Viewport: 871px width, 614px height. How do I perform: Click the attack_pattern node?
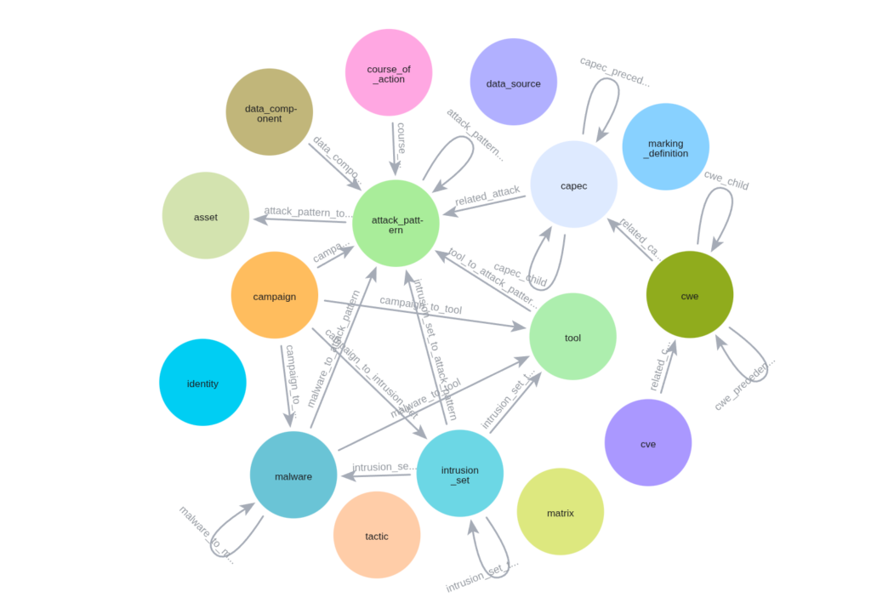coord(396,224)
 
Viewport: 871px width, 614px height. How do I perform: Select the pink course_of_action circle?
coord(389,73)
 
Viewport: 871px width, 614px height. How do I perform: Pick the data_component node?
coord(269,112)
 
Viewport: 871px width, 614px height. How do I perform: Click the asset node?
coord(205,216)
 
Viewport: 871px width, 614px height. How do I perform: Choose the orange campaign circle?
coord(274,296)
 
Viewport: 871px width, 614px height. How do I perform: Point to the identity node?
coord(202,383)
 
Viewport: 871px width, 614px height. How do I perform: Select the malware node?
coord(293,475)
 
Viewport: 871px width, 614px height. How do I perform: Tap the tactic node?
coord(377,535)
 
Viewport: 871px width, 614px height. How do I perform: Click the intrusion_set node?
coord(460,474)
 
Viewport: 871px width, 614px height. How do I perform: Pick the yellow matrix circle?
coord(560,512)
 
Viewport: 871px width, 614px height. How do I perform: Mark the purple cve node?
coord(648,442)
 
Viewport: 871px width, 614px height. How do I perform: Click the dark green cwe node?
coord(689,294)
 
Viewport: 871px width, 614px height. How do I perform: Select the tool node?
coord(572,337)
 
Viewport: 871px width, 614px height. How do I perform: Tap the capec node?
coord(573,185)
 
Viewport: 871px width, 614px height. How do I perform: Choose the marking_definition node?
coord(665,147)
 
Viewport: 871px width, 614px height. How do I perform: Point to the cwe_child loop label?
coord(726,179)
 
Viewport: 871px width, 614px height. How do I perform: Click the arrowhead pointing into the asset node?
coord(258,219)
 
